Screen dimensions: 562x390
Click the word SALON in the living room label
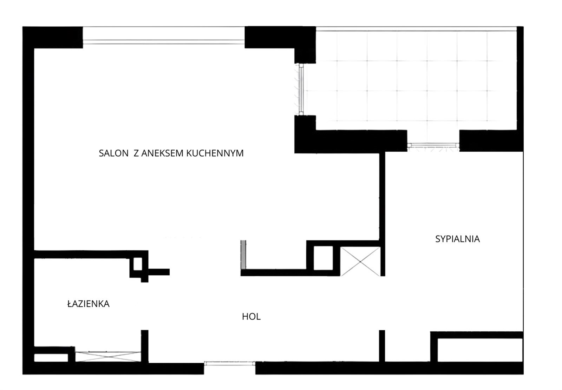point(113,153)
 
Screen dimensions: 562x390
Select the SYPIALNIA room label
point(458,239)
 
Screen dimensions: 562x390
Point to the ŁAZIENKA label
point(89,304)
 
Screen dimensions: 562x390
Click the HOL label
point(251,317)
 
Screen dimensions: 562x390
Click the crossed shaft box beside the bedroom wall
point(360,262)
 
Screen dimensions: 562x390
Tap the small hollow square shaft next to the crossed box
point(323,258)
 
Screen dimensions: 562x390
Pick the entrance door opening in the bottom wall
point(230,363)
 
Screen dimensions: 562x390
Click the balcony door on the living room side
point(301,89)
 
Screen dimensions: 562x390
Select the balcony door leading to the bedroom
point(433,145)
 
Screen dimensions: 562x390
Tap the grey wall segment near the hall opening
point(243,255)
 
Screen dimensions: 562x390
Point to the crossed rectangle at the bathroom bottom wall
point(108,357)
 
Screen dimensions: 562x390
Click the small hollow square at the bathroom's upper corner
point(137,264)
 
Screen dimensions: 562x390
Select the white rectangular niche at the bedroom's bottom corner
point(480,350)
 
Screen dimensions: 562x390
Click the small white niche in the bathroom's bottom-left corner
point(51,358)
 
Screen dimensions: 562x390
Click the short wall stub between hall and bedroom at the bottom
point(382,346)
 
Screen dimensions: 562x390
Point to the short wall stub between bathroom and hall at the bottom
point(144,346)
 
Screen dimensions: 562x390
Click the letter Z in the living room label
point(136,153)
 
